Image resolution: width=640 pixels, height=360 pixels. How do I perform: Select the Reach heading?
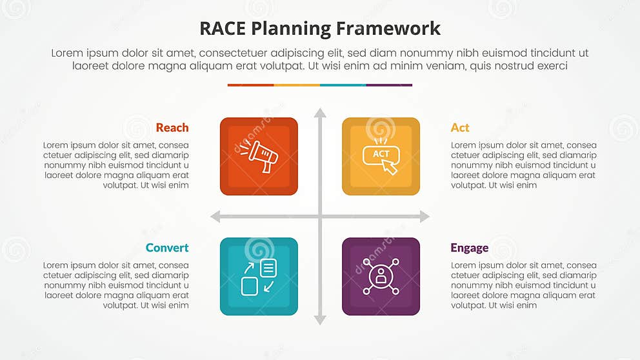(x=172, y=128)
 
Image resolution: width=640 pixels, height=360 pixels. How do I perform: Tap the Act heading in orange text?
(x=460, y=128)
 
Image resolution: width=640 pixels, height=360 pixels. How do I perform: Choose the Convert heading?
(x=167, y=248)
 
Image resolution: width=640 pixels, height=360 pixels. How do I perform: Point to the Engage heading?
(x=469, y=248)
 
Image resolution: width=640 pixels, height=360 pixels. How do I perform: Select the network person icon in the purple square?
(x=381, y=276)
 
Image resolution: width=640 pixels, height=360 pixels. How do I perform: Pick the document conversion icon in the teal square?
(x=259, y=277)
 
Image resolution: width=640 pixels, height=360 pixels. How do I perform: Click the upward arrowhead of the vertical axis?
(x=320, y=113)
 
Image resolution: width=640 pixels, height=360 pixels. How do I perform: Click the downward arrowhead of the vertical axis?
(x=320, y=320)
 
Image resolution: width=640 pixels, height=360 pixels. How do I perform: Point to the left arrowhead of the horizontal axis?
(x=215, y=217)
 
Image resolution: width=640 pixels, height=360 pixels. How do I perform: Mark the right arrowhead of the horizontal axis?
(x=425, y=217)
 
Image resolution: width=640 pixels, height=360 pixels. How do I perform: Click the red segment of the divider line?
(x=250, y=85)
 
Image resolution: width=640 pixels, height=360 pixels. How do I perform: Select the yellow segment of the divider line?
(x=297, y=85)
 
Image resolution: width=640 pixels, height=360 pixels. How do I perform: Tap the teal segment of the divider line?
(x=343, y=85)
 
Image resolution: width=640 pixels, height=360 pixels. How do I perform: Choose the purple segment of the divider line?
(x=389, y=85)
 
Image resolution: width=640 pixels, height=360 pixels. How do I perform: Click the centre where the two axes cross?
(x=320, y=217)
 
